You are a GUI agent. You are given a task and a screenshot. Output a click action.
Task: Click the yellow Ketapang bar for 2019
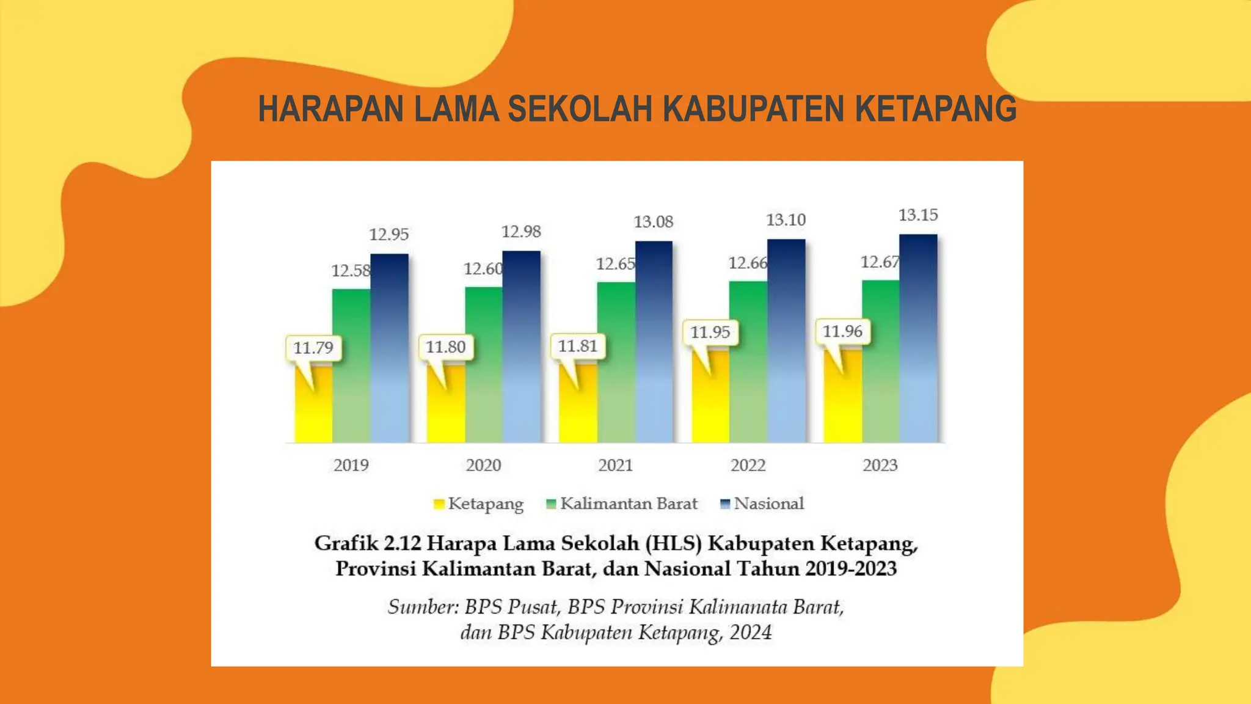[313, 409]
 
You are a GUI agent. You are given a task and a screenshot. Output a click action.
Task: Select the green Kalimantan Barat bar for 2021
[616, 367]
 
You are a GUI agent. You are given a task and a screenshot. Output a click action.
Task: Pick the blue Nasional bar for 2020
[521, 348]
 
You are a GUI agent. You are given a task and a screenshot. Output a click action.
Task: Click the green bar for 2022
[748, 367]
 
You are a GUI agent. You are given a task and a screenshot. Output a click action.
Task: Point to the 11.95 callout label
[710, 332]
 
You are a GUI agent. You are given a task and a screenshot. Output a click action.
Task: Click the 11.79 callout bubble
[313, 348]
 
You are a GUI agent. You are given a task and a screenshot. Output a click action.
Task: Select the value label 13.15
[917, 215]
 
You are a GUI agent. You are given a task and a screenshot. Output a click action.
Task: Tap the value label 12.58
[351, 271]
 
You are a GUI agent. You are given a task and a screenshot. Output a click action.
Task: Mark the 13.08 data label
[653, 222]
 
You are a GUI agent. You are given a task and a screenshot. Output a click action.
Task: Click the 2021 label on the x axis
[615, 466]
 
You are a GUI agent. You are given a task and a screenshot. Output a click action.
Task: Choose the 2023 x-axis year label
[880, 466]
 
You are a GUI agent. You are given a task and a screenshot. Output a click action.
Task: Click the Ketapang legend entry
[479, 504]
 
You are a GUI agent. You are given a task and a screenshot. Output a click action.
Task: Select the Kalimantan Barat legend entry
[622, 504]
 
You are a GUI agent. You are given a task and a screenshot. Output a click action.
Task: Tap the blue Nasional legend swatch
[725, 504]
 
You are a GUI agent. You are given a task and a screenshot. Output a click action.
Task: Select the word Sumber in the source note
[421, 607]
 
